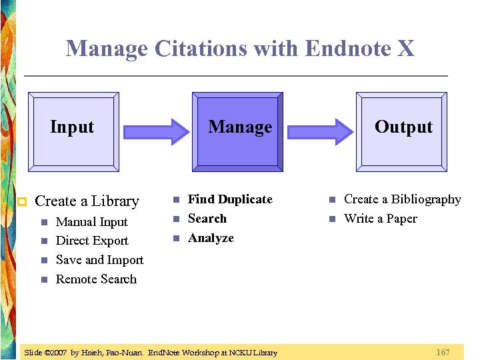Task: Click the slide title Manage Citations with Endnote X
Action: [240, 49]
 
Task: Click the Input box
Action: [75, 130]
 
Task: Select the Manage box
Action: [238, 130]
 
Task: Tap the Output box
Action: [403, 130]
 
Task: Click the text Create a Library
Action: [87, 201]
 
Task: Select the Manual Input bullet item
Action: [91, 222]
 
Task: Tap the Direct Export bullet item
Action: [92, 241]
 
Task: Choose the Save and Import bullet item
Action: [99, 260]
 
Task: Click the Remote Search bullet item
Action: [96, 279]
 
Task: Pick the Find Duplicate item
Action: [230, 199]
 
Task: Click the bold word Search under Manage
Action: [207, 219]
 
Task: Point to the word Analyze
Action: [211, 238]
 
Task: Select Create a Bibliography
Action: [402, 199]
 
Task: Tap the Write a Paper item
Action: [380, 219]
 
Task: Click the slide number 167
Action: [443, 352]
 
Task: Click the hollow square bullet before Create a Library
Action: [21, 201]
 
